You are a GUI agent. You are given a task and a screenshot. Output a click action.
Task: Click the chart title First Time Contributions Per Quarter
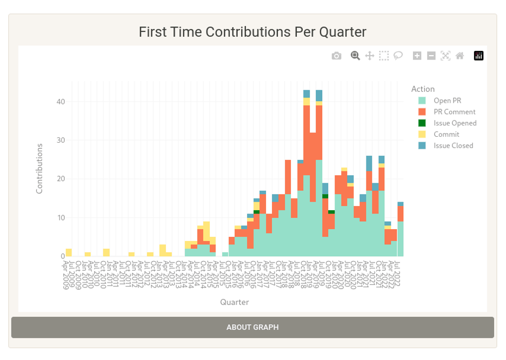[x=252, y=32]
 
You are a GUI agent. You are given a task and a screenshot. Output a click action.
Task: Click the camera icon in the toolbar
[x=336, y=56]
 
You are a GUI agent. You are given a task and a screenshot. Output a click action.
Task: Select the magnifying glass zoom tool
[x=355, y=56]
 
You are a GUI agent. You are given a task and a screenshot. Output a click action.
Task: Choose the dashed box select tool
[x=384, y=56]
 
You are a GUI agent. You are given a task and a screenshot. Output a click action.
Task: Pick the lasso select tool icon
[x=398, y=56]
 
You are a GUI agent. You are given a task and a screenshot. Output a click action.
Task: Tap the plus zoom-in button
[x=417, y=56]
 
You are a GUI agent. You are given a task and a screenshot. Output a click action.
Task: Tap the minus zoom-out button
[x=431, y=56]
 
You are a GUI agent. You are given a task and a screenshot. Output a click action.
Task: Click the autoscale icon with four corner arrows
[x=445, y=56]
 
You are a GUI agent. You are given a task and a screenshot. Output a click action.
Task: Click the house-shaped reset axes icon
[x=460, y=56]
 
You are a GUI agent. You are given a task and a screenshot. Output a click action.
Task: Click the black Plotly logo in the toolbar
[x=478, y=56]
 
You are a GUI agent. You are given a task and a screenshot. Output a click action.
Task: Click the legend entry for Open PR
[x=447, y=101]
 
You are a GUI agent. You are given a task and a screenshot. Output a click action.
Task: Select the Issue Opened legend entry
[x=455, y=123]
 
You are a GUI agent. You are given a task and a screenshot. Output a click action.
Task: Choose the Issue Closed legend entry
[x=453, y=145]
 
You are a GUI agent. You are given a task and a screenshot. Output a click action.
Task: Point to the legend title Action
[x=423, y=89]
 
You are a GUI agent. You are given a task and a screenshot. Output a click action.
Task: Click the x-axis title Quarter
[x=235, y=302]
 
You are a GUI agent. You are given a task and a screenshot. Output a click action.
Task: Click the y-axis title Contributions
[x=39, y=169]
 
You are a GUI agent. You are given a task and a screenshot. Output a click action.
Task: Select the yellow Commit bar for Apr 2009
[x=69, y=252]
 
